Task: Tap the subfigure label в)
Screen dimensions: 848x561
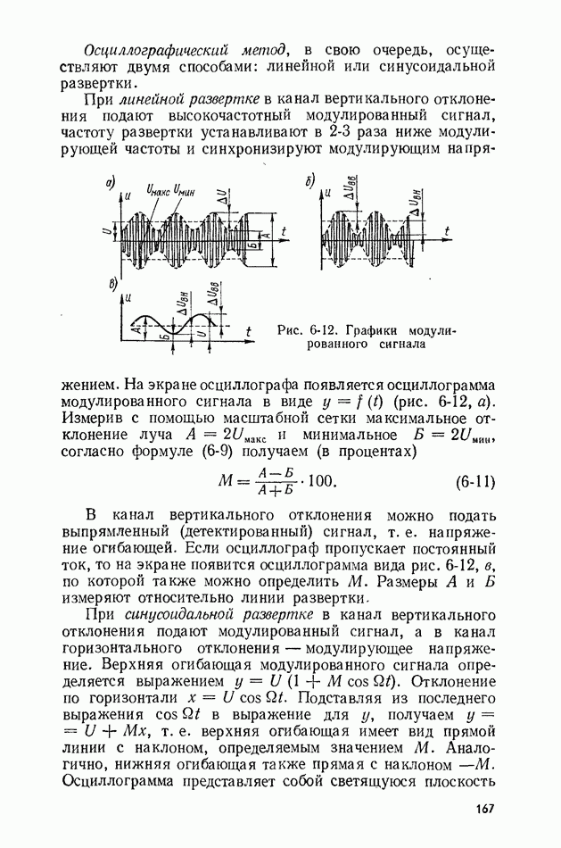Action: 111,284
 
